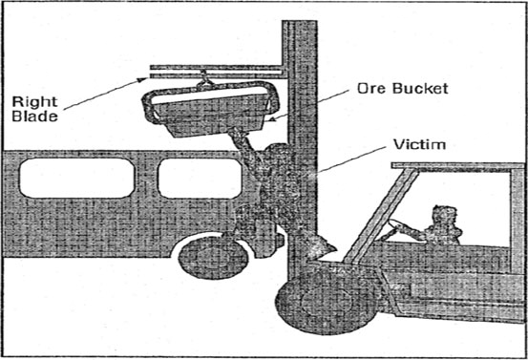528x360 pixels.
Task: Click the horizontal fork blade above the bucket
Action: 215,70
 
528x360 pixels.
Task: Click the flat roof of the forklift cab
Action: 458,166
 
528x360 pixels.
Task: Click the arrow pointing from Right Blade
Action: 105,83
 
